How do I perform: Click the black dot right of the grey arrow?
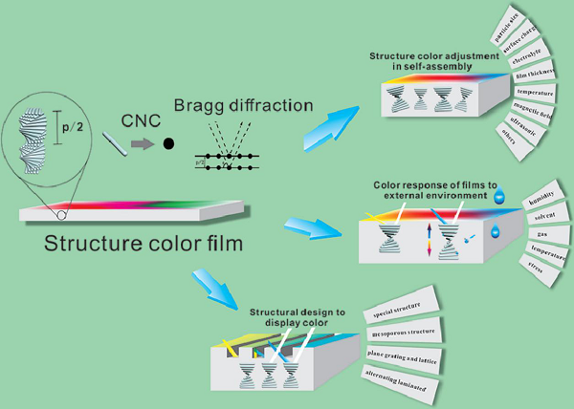[x=168, y=145]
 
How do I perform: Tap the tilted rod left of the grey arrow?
[x=113, y=144]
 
